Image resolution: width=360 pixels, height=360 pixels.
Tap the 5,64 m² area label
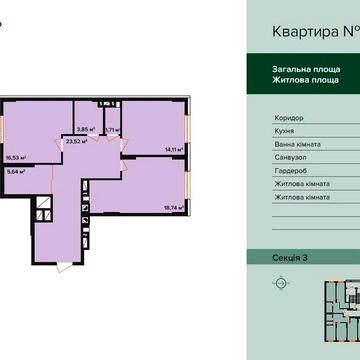click(14, 171)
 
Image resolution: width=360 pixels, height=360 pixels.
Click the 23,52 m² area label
click(74, 142)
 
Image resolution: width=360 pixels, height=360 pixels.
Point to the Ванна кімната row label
click(298, 144)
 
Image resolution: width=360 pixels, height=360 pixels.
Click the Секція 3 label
click(290, 258)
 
